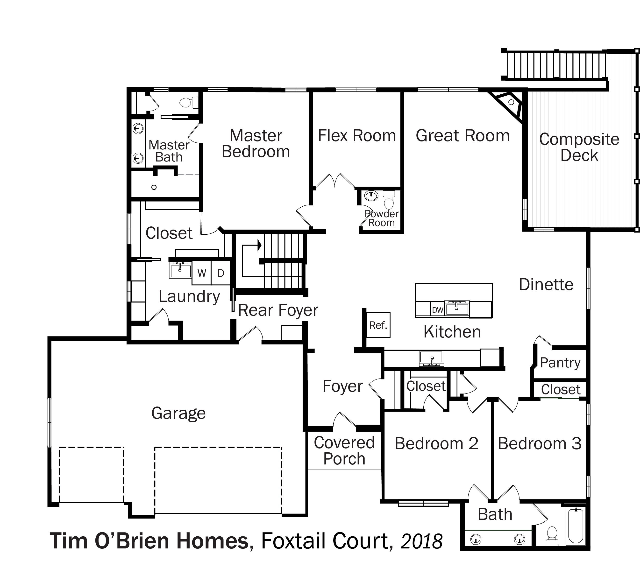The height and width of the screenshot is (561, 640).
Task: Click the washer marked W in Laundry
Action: point(202,273)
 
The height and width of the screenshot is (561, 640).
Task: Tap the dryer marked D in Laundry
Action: point(221,273)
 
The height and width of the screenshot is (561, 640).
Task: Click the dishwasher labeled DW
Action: point(437,310)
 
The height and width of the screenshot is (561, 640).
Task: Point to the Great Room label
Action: point(462,136)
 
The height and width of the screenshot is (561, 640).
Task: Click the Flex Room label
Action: point(357,136)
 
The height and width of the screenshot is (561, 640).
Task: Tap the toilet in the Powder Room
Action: point(389,199)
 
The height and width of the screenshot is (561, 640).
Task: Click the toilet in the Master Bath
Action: point(189,102)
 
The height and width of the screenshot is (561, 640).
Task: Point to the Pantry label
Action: point(560,363)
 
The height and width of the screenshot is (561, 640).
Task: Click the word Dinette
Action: point(546,284)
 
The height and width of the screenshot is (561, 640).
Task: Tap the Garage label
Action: point(178,413)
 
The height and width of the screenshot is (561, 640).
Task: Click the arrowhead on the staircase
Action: point(259,245)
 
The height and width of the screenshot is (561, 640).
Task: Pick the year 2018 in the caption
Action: point(421,541)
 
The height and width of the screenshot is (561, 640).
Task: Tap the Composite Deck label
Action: point(579,147)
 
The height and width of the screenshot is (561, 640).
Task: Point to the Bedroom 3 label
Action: point(540,443)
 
